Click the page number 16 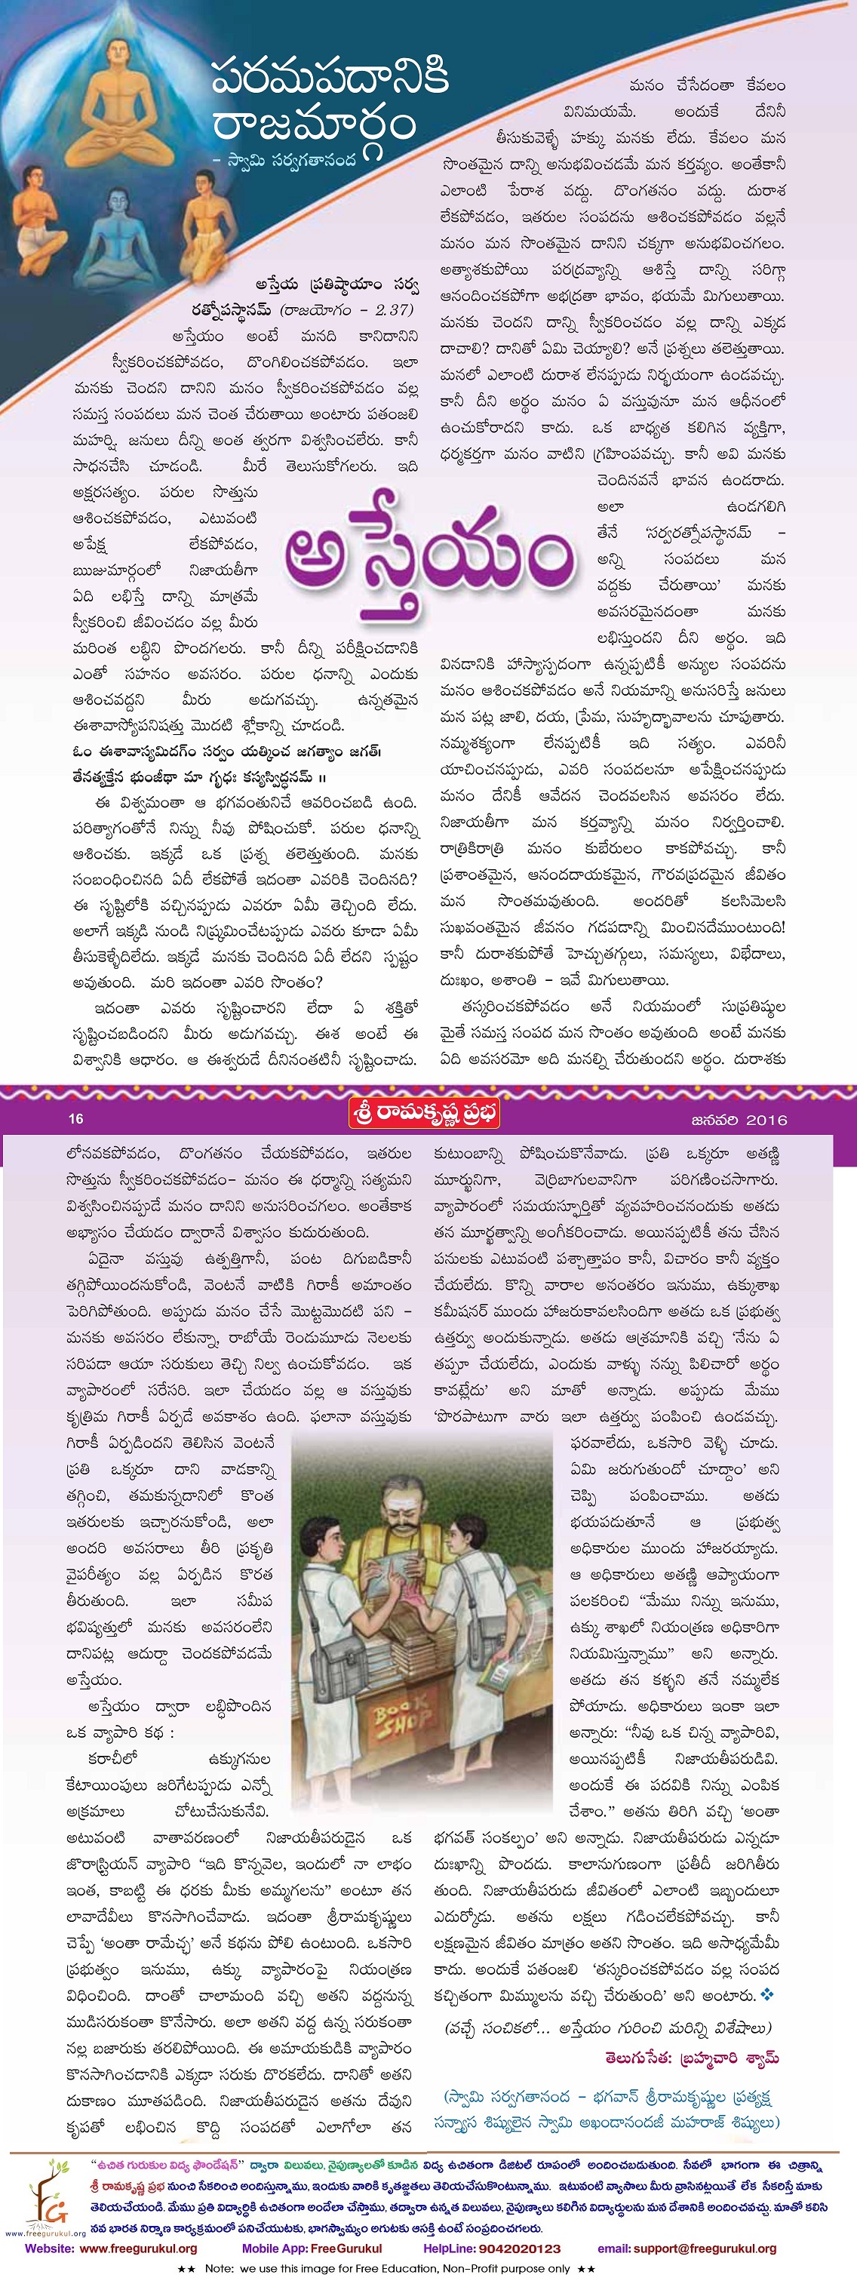(76, 1118)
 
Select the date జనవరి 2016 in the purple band (739, 1118)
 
